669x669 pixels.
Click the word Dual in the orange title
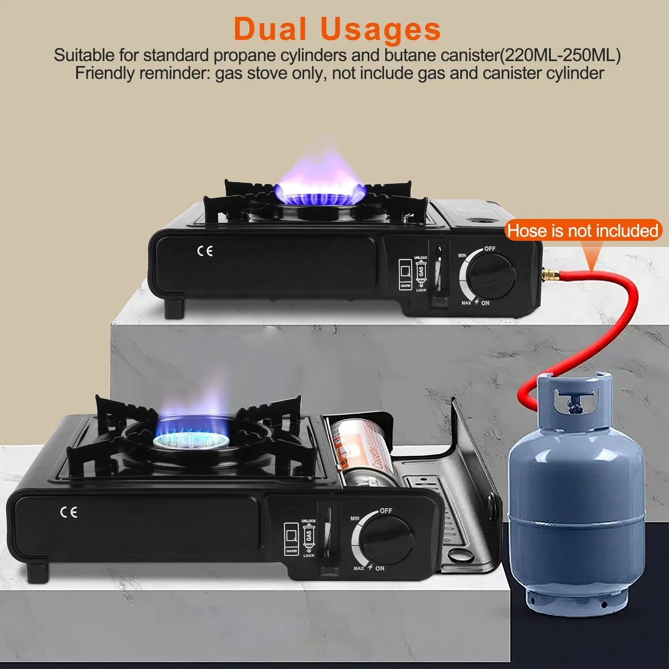tap(270, 29)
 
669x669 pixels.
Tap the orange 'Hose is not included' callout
tap(582, 231)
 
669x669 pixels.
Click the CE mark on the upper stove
tap(205, 251)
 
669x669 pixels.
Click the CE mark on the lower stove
tap(69, 512)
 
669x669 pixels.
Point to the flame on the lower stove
tap(192, 424)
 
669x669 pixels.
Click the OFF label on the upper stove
tap(490, 249)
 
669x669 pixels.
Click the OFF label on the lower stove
tap(386, 511)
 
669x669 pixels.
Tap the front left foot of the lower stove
tap(37, 572)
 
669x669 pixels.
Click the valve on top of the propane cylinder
tap(576, 398)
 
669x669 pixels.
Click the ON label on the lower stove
tap(380, 568)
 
